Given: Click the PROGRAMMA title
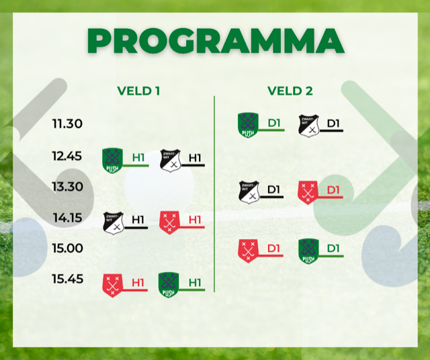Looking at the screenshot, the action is [216, 40].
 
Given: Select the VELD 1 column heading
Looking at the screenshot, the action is [138, 91].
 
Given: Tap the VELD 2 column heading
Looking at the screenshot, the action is [290, 91].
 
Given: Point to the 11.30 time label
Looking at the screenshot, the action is [67, 124].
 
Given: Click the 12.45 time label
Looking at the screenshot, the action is [67, 156].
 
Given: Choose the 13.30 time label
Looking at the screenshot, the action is [67, 187].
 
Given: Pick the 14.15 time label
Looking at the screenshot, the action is [67, 218].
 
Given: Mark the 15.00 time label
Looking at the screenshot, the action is [67, 248].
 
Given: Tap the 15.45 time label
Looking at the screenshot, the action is [67, 279].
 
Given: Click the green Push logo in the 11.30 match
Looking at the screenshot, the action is [248, 125].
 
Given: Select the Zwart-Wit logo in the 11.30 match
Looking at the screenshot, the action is [308, 126].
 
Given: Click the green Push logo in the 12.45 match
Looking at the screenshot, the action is [112, 161].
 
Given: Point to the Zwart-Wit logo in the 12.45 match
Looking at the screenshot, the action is [170, 161].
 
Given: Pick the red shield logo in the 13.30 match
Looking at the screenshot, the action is [308, 193].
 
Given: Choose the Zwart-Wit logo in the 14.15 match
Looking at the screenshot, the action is [114, 223].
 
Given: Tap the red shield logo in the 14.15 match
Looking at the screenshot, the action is [169, 222].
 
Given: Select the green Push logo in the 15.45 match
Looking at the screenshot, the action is [169, 285].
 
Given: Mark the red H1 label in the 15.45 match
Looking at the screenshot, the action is [138, 283].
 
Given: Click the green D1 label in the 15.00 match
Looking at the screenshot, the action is [333, 249].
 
